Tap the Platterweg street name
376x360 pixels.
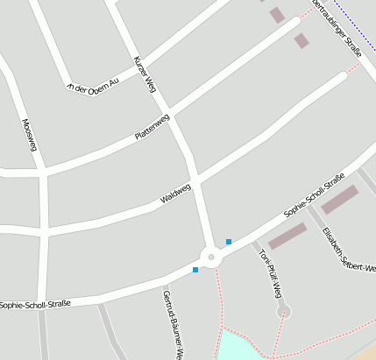pos(152,128)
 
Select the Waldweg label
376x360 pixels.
pos(175,194)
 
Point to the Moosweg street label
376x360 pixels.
pos(29,135)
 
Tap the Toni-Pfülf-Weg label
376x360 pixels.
pos(268,272)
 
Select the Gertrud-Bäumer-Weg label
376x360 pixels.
pos(171,324)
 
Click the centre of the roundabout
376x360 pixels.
pos(210,258)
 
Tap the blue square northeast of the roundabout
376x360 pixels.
pos(229,242)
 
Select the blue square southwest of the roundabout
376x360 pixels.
pos(195,270)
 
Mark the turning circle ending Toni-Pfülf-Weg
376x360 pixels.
pos(283,312)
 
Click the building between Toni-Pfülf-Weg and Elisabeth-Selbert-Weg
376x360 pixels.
pos(287,236)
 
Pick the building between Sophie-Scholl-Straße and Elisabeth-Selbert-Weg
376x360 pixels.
pos(339,200)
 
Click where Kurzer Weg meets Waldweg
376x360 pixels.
pos(195,181)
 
